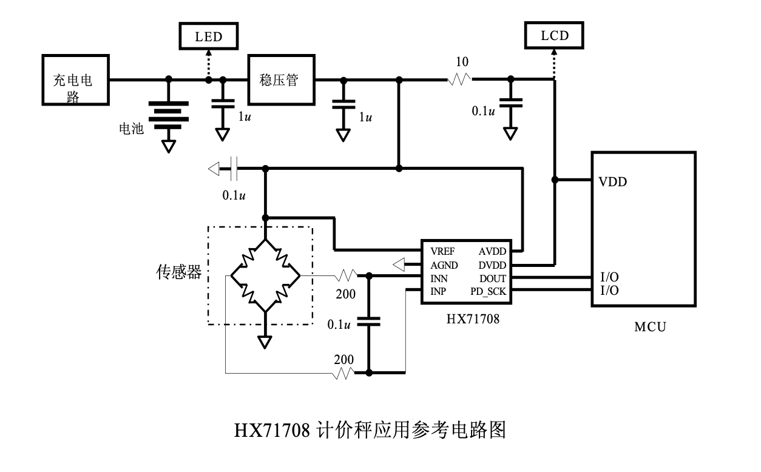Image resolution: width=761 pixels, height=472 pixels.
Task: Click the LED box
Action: click(x=208, y=37)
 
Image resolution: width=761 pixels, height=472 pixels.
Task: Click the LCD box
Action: click(x=555, y=36)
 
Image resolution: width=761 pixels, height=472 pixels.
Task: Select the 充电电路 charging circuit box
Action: click(x=76, y=79)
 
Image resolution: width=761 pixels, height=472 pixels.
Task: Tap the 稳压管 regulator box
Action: click(x=282, y=79)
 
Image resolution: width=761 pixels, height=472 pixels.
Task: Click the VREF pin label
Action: click(x=444, y=251)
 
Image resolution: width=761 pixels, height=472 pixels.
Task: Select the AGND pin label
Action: click(x=444, y=265)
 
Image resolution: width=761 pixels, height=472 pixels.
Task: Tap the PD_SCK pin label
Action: click(x=488, y=292)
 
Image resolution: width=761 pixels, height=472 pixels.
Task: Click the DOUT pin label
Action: click(x=492, y=278)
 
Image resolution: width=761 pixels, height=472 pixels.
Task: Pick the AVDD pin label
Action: click(x=492, y=251)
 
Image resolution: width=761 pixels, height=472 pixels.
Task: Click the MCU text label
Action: click(x=650, y=328)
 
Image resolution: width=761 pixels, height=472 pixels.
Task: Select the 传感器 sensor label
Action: click(x=179, y=273)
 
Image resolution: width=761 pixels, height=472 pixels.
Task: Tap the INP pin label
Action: click(x=439, y=292)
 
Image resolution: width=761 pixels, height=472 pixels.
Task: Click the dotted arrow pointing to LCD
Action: click(x=554, y=64)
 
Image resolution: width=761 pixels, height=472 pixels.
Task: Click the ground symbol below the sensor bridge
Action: click(x=265, y=342)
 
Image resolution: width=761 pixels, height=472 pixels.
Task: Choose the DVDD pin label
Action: click(x=492, y=265)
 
